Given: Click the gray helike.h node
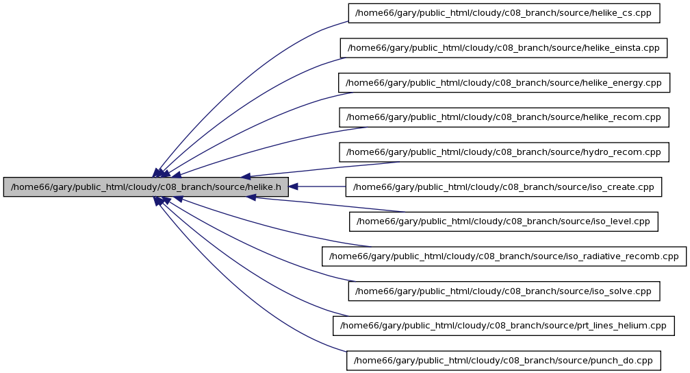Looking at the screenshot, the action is [x=146, y=187].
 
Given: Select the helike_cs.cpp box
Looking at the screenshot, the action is [x=504, y=13].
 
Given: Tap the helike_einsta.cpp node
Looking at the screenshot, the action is [x=503, y=48].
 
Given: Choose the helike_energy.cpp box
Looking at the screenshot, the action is [x=504, y=83].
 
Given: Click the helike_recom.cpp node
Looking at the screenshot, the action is [x=504, y=117].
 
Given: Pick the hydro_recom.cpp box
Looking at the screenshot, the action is [x=504, y=152].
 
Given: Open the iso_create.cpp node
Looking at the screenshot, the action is [x=503, y=187].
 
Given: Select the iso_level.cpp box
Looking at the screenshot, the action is [x=503, y=221].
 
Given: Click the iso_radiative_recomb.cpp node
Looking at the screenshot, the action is [x=504, y=256].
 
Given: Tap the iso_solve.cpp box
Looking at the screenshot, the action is [x=504, y=291].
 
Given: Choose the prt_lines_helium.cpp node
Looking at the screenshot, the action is [x=503, y=326].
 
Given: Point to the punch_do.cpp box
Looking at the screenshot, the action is [x=503, y=361].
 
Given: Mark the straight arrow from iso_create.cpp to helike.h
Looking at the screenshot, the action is [x=317, y=187].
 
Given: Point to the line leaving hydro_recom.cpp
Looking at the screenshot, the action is [x=320, y=169].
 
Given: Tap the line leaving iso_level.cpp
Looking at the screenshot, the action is [x=326, y=204].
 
